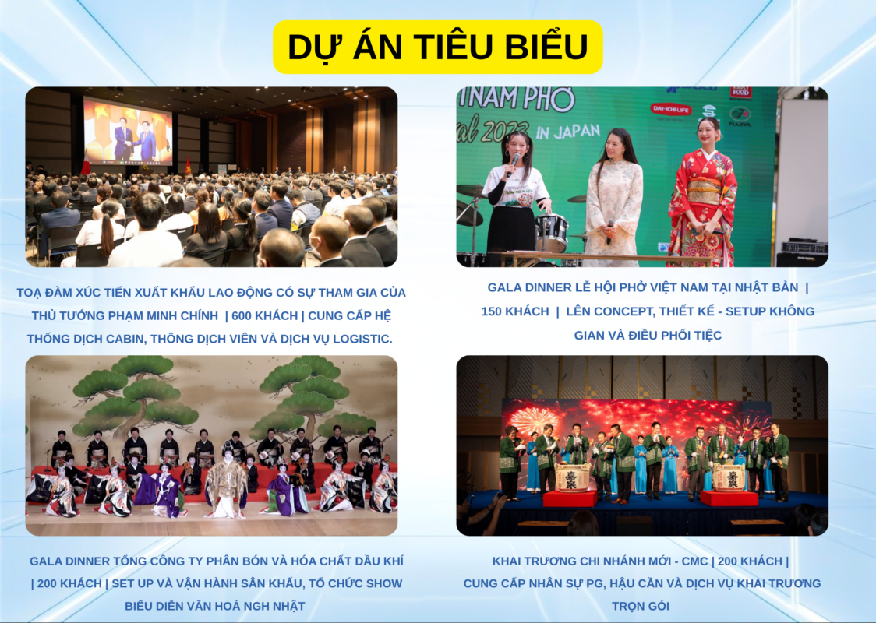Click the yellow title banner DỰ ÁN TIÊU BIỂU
437,47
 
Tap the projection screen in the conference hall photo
128,131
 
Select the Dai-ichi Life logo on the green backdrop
671,109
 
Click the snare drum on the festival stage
552,232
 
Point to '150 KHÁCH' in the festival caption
515,311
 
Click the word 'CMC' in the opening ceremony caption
694,561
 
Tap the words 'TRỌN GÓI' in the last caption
640,606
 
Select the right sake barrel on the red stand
729,477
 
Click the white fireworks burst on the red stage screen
528,421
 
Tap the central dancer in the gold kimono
226,483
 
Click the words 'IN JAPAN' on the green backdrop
567,132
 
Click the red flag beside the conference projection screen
189,165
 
